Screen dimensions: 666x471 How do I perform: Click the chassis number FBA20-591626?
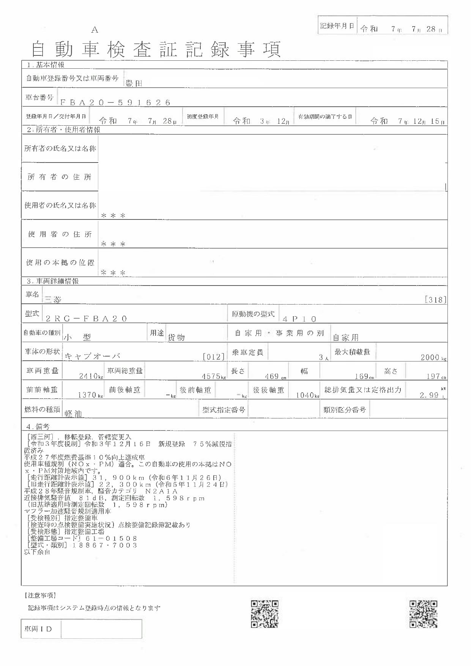point(115,103)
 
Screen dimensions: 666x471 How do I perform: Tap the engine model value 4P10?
point(299,319)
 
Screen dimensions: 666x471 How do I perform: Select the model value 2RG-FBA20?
point(86,319)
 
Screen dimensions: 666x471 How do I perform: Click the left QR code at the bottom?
point(265,614)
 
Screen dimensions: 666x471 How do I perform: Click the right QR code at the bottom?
point(423,614)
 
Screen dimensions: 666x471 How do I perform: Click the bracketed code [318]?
point(435,300)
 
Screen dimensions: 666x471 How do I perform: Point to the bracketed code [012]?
point(214,357)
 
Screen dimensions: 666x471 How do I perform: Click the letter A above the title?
point(95,30)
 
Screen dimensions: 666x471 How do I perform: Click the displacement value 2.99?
point(429,395)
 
